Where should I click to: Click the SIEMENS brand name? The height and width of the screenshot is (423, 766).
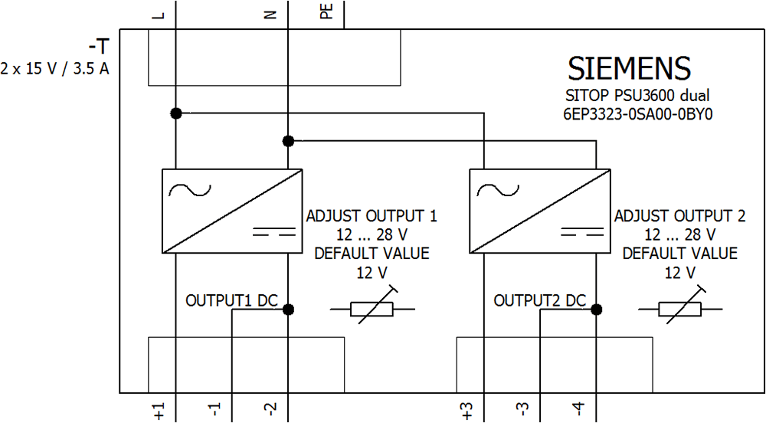[629, 69]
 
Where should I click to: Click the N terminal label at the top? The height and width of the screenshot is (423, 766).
[270, 13]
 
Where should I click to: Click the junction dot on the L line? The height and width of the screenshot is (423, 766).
[176, 113]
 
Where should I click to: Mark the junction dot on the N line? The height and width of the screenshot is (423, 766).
[288, 141]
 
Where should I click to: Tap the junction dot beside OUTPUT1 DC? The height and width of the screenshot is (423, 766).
[288, 310]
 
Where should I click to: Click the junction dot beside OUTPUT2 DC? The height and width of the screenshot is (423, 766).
[596, 310]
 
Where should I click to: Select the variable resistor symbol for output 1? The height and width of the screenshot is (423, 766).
[372, 309]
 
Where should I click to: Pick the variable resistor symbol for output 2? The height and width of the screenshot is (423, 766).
[680, 309]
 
